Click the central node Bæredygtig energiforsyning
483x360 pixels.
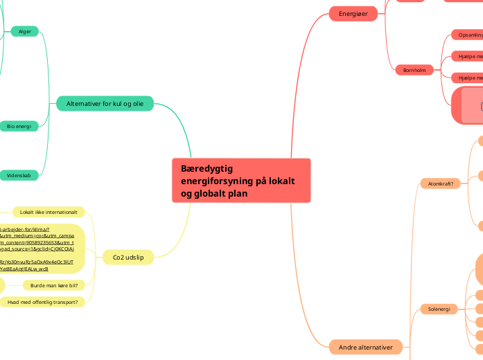[241, 181]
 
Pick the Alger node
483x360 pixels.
[25, 31]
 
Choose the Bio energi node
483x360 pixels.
[19, 126]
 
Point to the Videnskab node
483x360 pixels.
[19, 176]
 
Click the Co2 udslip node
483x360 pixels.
[128, 258]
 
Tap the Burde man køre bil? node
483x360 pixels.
[53, 285]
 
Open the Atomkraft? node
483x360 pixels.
[441, 183]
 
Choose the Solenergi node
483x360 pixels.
[439, 309]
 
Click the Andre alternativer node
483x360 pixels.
[366, 347]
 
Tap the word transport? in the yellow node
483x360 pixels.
[70, 302]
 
